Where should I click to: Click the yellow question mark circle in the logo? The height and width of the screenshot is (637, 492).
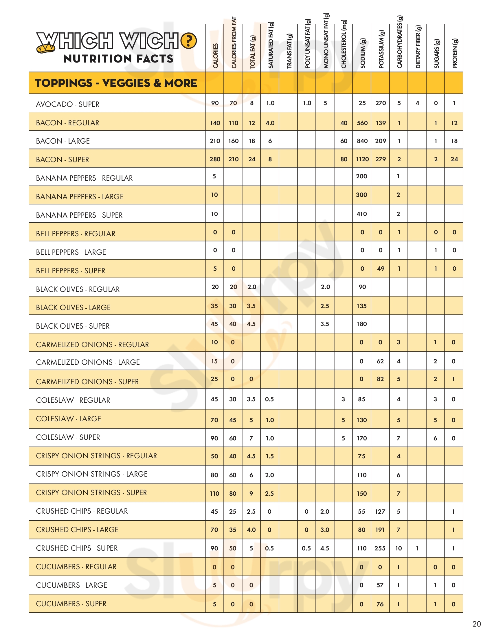pyautogui.click(x=189, y=41)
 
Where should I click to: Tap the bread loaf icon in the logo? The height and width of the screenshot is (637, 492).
pyautogui.click(x=46, y=48)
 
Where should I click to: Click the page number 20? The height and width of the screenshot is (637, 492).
pyautogui.click(x=477, y=624)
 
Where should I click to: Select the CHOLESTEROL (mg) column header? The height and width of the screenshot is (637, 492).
pyautogui.click(x=344, y=44)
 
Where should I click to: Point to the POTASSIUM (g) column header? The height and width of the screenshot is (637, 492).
pyautogui.click(x=381, y=50)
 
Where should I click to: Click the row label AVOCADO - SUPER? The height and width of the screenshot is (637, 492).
pyautogui.click(x=68, y=104)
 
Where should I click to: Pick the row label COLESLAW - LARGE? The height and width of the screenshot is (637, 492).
pyautogui.click(x=69, y=419)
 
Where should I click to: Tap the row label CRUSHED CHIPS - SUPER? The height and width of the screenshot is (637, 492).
pyautogui.click(x=77, y=548)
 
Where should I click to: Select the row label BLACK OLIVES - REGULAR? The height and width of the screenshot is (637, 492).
pyautogui.click(x=78, y=289)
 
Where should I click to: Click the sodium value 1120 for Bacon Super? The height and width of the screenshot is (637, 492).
pyautogui.click(x=362, y=159)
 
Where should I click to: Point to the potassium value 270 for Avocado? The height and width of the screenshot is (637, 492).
pyautogui.click(x=381, y=103)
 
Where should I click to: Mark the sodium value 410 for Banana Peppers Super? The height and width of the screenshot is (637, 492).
pyautogui.click(x=362, y=214)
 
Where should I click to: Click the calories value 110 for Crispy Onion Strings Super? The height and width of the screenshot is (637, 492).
pyautogui.click(x=214, y=493)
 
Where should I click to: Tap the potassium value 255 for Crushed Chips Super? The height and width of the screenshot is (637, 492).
pyautogui.click(x=380, y=548)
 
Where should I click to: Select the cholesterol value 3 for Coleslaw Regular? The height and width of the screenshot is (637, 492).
pyautogui.click(x=343, y=399)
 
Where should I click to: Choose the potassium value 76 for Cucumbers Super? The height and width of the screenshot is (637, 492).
pyautogui.click(x=380, y=604)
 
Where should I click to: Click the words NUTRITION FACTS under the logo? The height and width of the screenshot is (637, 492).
pyautogui.click(x=118, y=59)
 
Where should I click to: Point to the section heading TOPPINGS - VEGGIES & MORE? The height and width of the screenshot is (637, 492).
pyautogui.click(x=116, y=83)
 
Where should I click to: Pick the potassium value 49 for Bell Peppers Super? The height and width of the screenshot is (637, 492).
pyautogui.click(x=381, y=269)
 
